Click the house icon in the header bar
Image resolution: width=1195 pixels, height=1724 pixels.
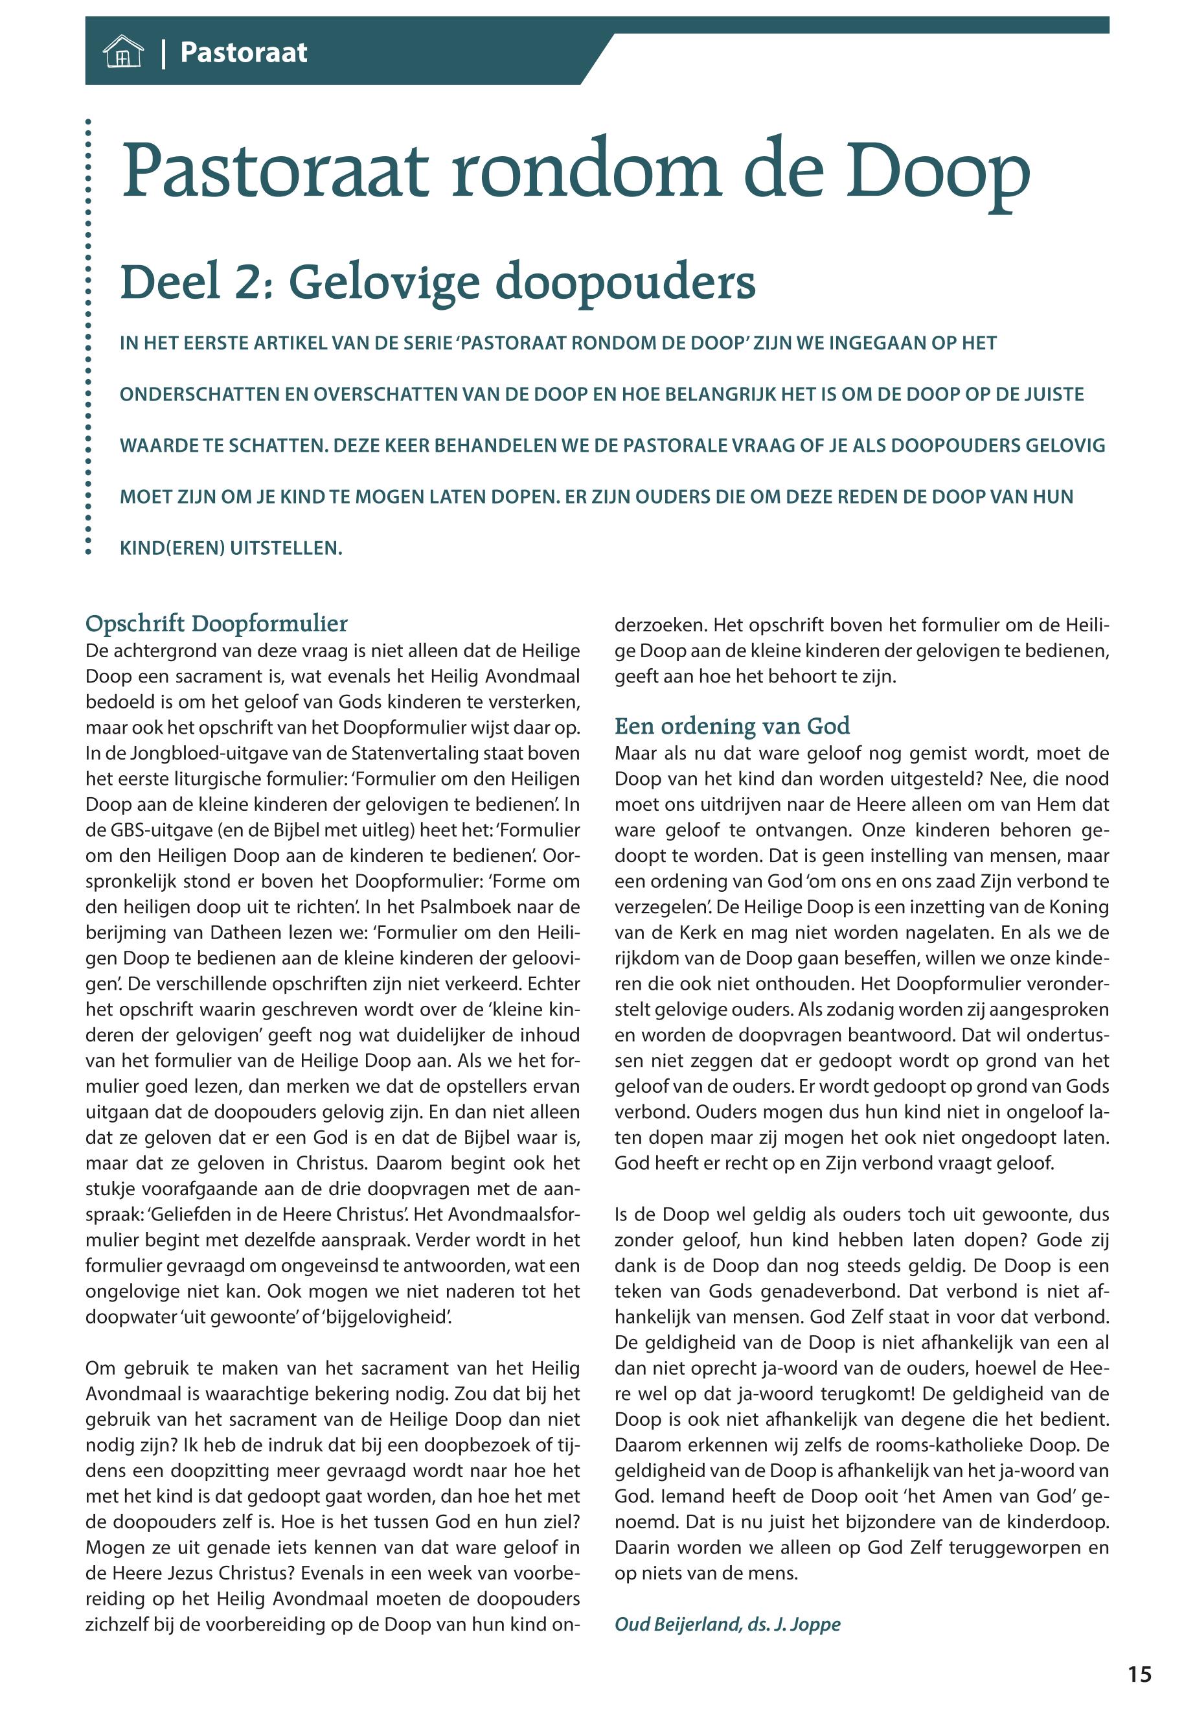coord(123,52)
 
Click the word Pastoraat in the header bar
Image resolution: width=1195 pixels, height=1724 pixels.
coord(244,52)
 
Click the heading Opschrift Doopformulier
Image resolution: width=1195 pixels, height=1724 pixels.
coord(216,623)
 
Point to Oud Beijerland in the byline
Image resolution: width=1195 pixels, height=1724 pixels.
coord(677,1624)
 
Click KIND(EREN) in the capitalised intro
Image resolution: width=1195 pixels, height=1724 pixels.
coord(172,548)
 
